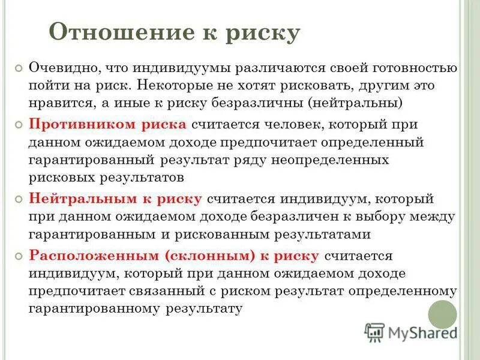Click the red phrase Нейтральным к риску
pyautogui.click(x=118, y=199)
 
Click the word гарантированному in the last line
pyautogui.click(x=94, y=308)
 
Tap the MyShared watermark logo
pyautogui.click(x=411, y=332)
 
